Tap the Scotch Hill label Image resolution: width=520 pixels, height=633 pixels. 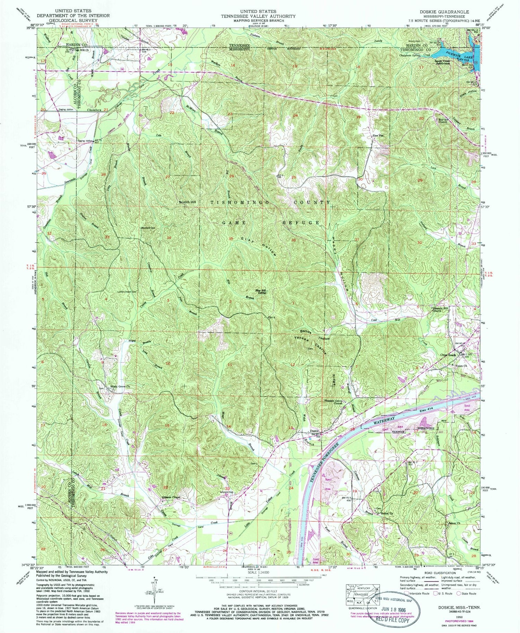[187, 202]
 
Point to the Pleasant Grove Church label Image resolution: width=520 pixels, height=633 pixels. [333, 403]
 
